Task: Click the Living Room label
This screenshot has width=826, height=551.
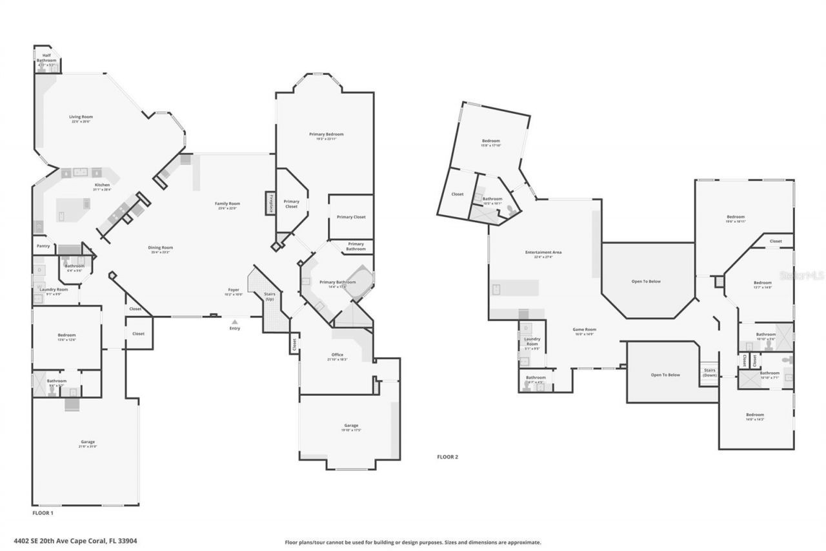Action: pos(81,117)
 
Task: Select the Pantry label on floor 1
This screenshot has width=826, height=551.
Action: pos(43,246)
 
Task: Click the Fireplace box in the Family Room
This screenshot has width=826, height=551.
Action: pos(270,203)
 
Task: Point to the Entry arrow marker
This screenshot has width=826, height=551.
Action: pos(234,321)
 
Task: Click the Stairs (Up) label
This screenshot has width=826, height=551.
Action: pos(270,296)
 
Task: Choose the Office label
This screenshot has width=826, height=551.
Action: pos(337,355)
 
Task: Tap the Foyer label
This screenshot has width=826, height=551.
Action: pos(234,290)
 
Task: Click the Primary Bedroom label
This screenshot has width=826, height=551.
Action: pos(326,134)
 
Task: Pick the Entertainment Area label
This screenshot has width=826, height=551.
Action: pos(543,252)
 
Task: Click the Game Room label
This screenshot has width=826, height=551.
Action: pos(584,329)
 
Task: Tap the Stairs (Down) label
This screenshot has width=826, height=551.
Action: pos(709,373)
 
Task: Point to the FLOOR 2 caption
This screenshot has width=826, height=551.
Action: pos(447,457)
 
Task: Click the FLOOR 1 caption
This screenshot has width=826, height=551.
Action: pos(43,513)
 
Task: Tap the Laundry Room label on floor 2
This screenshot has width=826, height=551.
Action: pos(532,341)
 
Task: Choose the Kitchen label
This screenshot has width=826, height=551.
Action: pos(102,185)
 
